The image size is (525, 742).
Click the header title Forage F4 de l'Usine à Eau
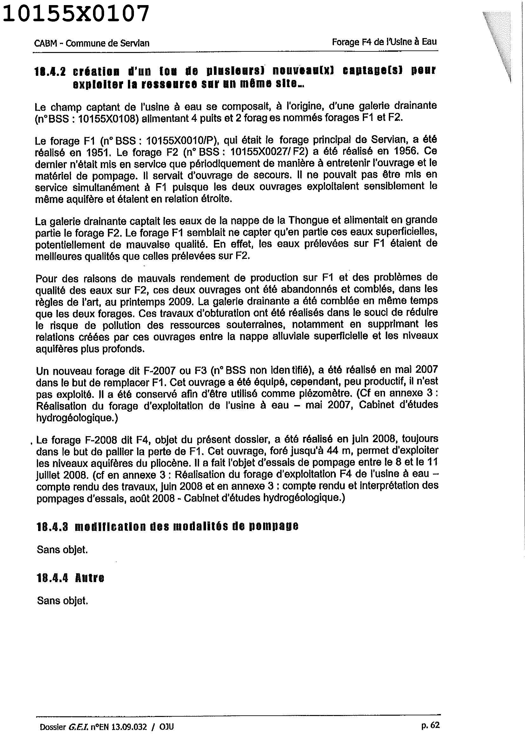pos(384,42)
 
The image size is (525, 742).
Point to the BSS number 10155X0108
pos(106,118)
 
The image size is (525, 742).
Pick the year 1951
pos(100,152)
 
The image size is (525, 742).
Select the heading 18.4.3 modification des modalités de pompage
pos(168,527)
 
